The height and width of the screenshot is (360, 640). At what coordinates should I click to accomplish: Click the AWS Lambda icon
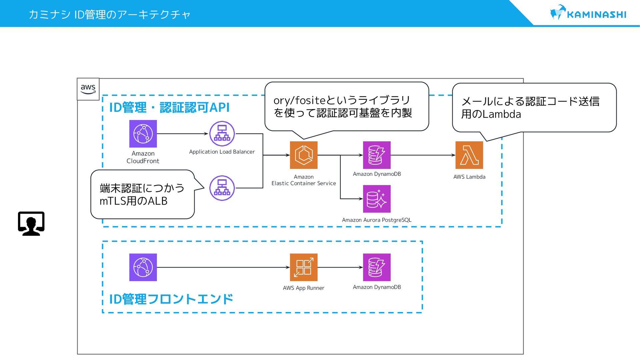coord(469,155)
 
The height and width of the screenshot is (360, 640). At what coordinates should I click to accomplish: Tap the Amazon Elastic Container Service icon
coord(304,155)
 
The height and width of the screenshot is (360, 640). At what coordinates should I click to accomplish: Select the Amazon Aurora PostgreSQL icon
coord(377,199)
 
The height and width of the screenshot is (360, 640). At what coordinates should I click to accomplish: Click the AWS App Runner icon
coord(304,267)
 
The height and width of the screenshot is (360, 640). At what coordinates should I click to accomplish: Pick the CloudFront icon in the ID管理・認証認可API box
coord(143,134)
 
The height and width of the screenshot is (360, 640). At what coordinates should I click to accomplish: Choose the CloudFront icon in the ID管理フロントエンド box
coord(143,267)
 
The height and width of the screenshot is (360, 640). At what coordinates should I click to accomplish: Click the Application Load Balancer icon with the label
coord(222,134)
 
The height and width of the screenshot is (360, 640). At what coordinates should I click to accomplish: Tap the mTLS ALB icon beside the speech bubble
coord(222,188)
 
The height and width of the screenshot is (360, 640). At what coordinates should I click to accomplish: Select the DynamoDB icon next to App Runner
coord(377,267)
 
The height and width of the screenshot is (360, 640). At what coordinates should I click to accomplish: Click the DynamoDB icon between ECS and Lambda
coord(377,155)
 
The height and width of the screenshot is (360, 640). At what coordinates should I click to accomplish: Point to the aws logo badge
coord(88,89)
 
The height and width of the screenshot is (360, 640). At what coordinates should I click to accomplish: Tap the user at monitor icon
coord(31,224)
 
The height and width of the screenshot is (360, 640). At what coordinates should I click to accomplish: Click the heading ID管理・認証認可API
coord(170,107)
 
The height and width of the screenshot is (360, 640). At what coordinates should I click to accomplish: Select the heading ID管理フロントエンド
coord(171,299)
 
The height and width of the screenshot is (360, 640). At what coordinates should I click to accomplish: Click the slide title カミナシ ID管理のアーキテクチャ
coord(109,14)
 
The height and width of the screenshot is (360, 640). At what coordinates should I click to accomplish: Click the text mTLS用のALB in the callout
coord(133,201)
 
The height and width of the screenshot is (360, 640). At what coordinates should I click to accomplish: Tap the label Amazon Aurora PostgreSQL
coord(377,220)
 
